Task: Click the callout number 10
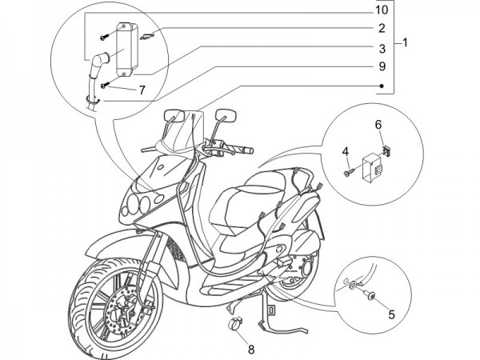382,11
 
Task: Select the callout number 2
382,28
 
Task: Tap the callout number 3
382,48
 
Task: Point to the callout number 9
382,66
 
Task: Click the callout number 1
407,42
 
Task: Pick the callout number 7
141,90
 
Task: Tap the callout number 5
391,314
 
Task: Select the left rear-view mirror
172,117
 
